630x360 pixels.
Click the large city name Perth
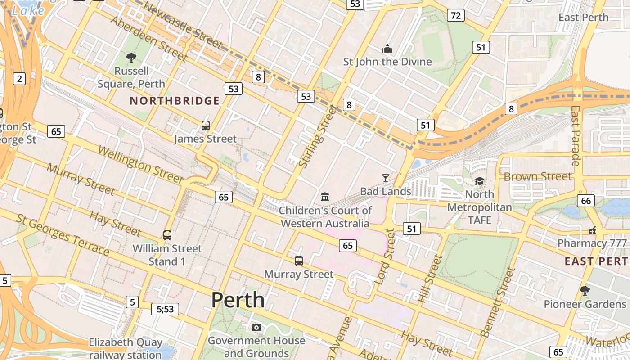(x=238, y=300)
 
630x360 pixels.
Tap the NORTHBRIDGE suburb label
(x=175, y=101)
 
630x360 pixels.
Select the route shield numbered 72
(x=456, y=16)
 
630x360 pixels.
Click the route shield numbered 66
(x=586, y=200)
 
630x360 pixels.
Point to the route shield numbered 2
(x=19, y=79)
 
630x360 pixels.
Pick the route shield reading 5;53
(x=165, y=309)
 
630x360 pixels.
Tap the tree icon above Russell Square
(x=131, y=57)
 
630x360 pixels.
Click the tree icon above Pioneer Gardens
(x=585, y=290)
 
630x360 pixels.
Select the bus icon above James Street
(x=206, y=126)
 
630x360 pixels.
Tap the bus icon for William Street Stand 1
(x=167, y=235)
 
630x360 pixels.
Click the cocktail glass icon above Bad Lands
(x=385, y=178)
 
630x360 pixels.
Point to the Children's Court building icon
(x=325, y=197)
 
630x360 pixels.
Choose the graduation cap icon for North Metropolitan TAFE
(x=480, y=181)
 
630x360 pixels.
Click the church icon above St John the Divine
(x=387, y=49)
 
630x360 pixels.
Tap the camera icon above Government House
(x=256, y=327)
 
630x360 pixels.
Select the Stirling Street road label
(x=317, y=136)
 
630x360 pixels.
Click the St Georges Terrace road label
(x=63, y=235)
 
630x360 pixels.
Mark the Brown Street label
(x=538, y=176)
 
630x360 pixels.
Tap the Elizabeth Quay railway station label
(x=125, y=348)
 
